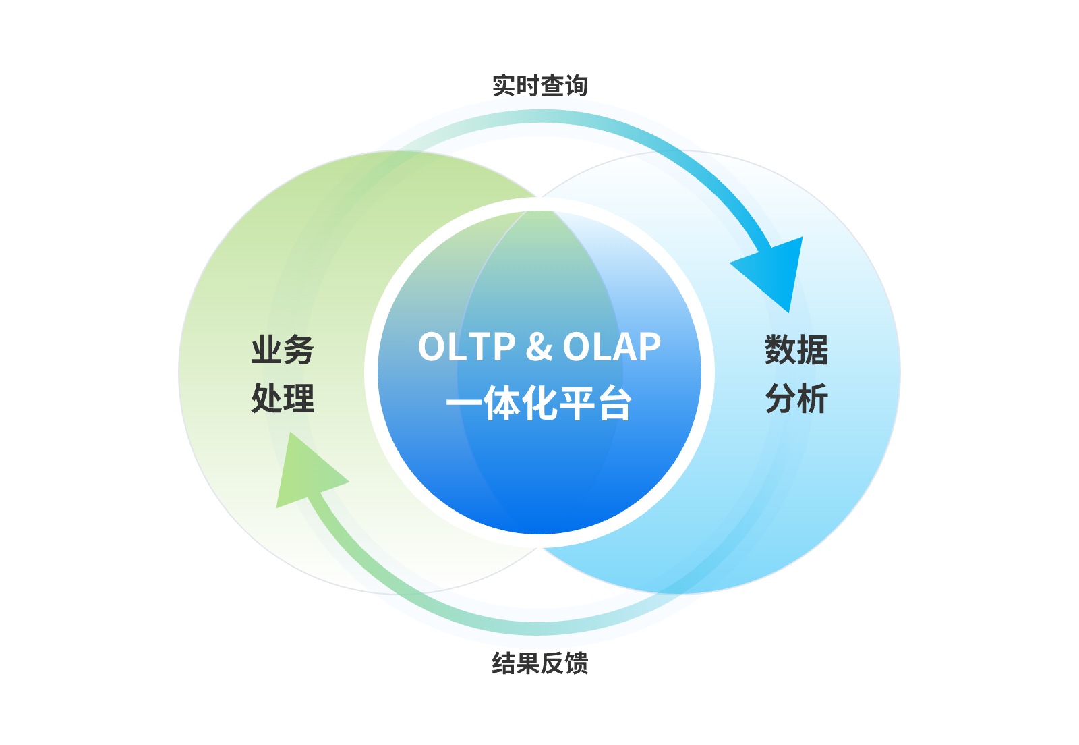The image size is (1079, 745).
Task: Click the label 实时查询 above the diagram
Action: click(x=539, y=86)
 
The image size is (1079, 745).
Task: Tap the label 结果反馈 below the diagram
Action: click(x=539, y=663)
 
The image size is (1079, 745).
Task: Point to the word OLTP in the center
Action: click(x=467, y=347)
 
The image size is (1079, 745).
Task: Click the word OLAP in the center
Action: click(x=612, y=347)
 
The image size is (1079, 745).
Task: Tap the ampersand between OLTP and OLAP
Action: click(x=539, y=347)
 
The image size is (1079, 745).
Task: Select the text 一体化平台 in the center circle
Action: click(x=539, y=404)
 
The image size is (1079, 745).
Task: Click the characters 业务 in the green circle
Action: click(x=283, y=350)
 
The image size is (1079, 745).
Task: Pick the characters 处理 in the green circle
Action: click(x=283, y=398)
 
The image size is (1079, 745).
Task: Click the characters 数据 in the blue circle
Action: click(x=796, y=350)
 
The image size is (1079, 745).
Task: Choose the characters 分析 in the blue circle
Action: click(x=796, y=398)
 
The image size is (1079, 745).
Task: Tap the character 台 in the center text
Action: click(x=614, y=404)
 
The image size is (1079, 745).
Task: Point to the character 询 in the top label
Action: click(x=576, y=86)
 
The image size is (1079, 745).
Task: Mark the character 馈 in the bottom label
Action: click(x=576, y=663)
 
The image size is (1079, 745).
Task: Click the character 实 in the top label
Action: click(x=504, y=86)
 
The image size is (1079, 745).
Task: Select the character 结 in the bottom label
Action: click(x=504, y=663)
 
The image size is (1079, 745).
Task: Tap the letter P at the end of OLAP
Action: click(x=649, y=347)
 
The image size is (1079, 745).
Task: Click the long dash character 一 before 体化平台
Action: click(x=464, y=405)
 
